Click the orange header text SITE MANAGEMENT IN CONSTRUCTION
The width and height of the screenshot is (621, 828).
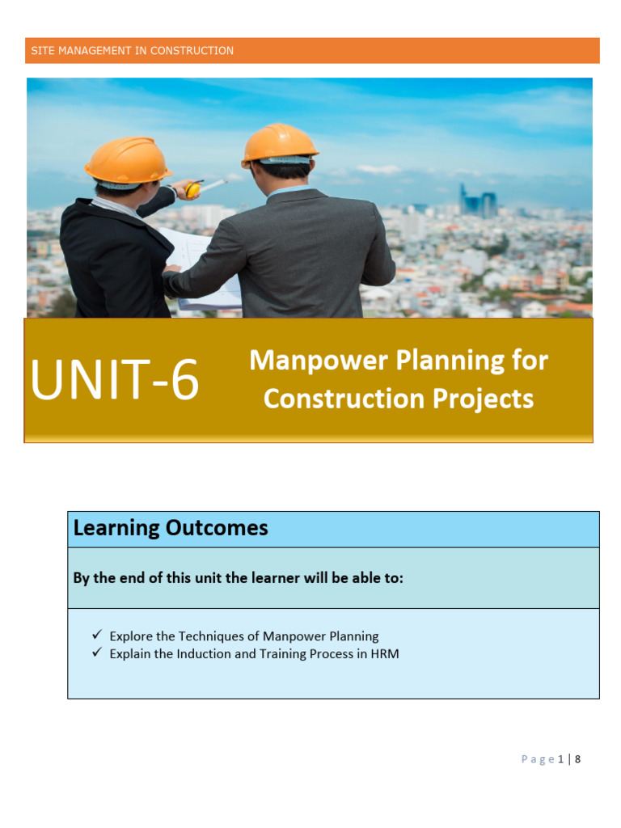132,51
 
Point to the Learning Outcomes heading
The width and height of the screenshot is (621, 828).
171,529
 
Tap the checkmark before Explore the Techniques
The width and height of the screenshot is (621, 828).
97,636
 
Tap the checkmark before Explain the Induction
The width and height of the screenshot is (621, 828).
97,653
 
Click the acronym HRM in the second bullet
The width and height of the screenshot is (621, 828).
384,653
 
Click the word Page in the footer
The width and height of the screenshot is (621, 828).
538,759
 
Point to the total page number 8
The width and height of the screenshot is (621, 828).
578,759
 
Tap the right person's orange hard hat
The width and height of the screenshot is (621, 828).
280,144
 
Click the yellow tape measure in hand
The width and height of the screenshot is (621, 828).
192,190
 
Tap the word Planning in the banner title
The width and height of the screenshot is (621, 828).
446,361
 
